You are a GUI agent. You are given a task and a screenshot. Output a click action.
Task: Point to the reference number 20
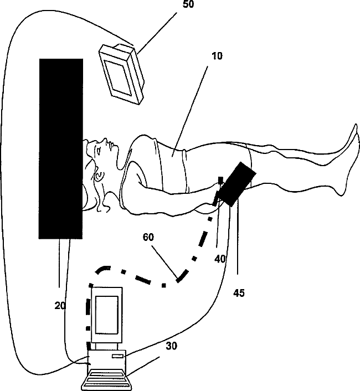pyautogui.click(x=61, y=305)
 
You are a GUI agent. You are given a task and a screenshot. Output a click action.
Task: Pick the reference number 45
pyautogui.click(x=239, y=292)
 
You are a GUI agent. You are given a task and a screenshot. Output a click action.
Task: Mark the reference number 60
pyautogui.click(x=148, y=237)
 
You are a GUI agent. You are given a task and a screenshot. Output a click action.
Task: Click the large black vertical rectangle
pyautogui.click(x=61, y=148)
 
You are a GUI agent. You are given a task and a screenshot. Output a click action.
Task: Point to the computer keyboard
pyautogui.click(x=109, y=381)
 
